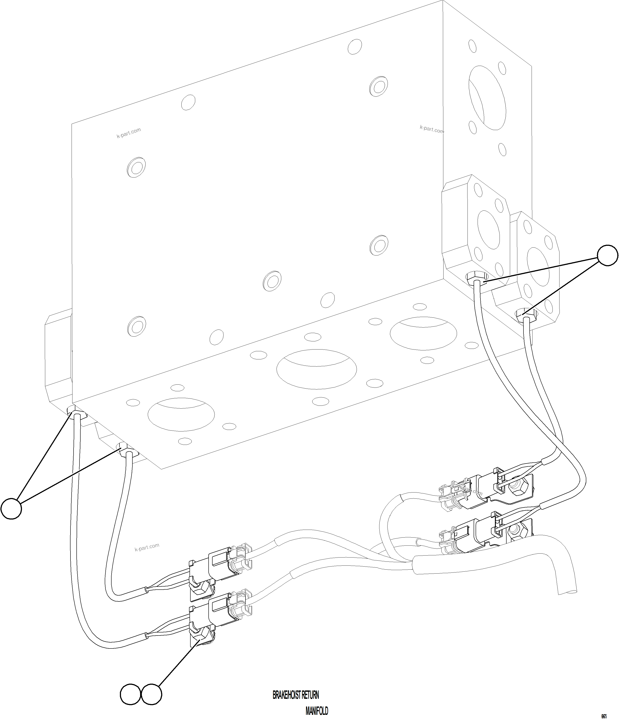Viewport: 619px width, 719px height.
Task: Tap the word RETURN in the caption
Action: [x=310, y=695]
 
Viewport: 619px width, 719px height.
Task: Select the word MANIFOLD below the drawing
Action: [x=317, y=711]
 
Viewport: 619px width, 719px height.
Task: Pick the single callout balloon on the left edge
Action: [x=11, y=509]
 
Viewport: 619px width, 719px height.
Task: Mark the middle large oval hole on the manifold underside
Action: [x=316, y=369]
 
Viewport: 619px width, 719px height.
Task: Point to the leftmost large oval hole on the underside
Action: [x=181, y=415]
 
